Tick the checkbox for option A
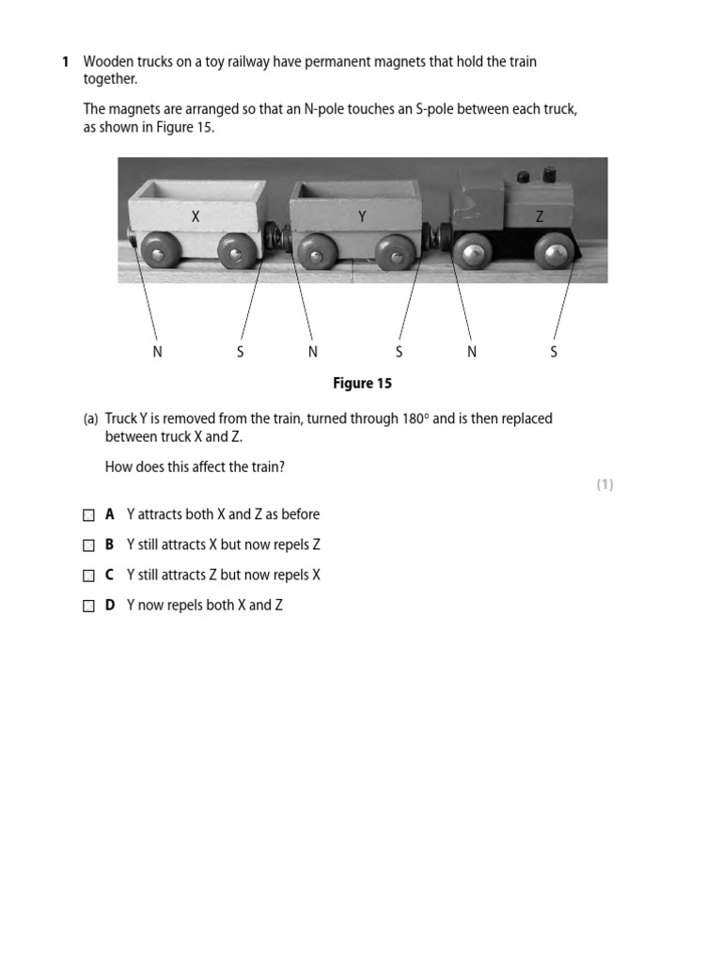[x=88, y=515]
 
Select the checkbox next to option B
[x=88, y=545]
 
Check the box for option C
[x=88, y=576]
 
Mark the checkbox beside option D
[x=88, y=606]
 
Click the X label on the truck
[x=196, y=216]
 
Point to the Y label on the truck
[x=362, y=216]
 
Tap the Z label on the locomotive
[x=540, y=216]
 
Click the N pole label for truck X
[x=157, y=352]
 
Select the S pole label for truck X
[x=240, y=352]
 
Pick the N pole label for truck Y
[x=313, y=352]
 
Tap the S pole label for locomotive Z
[x=554, y=352]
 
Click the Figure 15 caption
[x=362, y=384]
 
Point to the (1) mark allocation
[x=604, y=484]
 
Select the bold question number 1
[x=65, y=62]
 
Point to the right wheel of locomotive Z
[x=555, y=251]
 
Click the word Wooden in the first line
[x=107, y=62]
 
